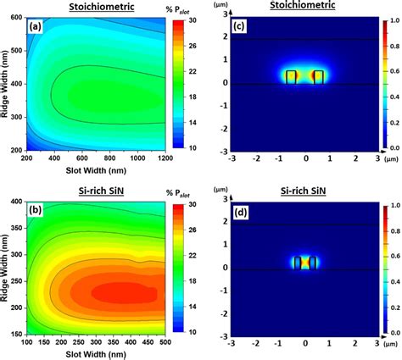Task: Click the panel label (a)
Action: [x=36, y=27]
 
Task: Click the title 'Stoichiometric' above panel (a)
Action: [x=93, y=7]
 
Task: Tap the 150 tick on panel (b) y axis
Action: [x=15, y=332]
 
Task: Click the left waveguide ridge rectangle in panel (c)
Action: [x=291, y=76]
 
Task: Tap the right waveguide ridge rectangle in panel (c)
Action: [x=319, y=76]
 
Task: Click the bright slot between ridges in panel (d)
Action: [x=304, y=263]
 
